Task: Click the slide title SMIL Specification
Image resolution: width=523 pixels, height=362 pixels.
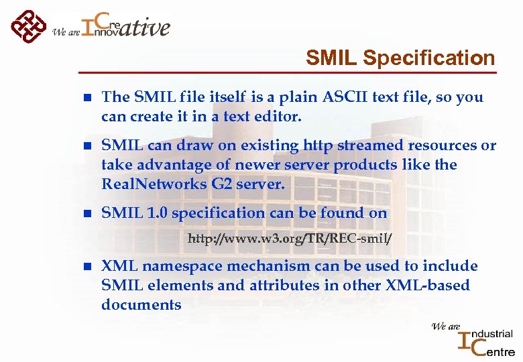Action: (400, 58)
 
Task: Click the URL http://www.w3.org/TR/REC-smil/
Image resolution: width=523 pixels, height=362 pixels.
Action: (290, 239)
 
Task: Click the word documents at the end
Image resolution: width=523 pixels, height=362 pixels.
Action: (141, 305)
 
